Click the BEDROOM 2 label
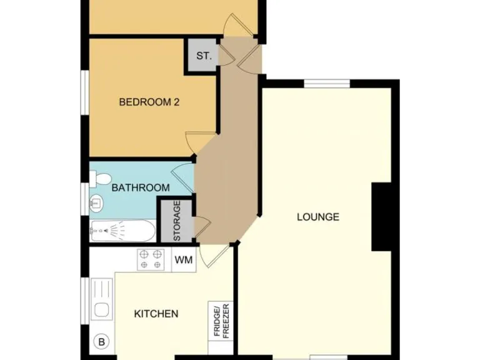tap(149, 102)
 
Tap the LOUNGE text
tap(317, 217)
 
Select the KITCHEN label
tap(156, 314)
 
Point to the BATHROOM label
tap(141, 187)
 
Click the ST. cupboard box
tap(203, 56)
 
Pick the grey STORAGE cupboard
tap(176, 221)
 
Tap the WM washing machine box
tap(183, 259)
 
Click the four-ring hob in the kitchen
tap(151, 259)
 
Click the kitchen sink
tap(101, 299)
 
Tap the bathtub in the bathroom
tap(122, 231)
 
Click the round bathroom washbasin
tap(96, 202)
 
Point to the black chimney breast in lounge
tap(381, 217)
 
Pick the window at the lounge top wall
tap(327, 84)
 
